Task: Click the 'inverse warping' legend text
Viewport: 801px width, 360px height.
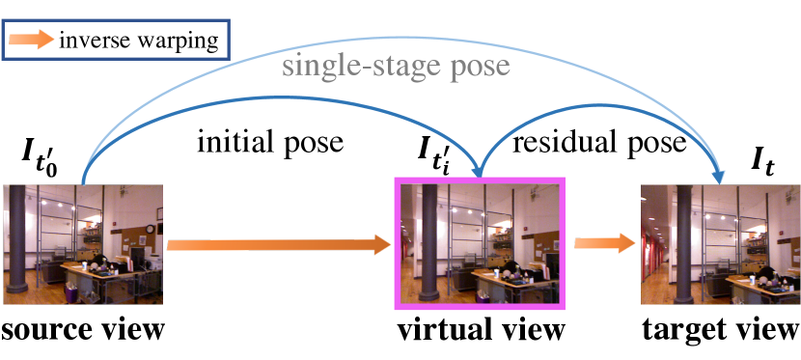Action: [x=139, y=41]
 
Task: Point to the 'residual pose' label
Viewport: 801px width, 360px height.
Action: [x=599, y=144]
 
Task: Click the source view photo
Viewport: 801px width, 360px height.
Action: [x=83, y=243]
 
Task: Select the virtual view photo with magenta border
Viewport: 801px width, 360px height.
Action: [x=481, y=243]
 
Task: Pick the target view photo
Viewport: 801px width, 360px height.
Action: [x=720, y=243]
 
